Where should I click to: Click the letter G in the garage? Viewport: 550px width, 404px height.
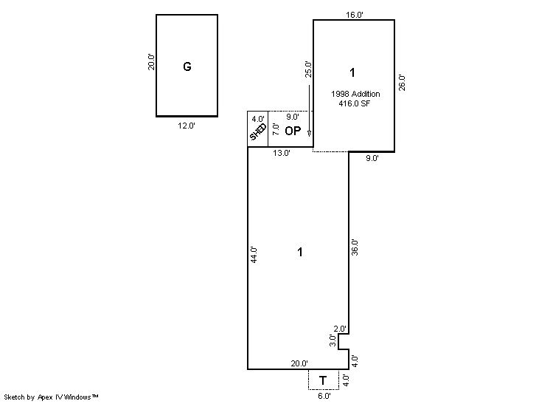(x=187, y=66)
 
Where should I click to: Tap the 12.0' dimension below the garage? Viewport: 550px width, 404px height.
(x=187, y=126)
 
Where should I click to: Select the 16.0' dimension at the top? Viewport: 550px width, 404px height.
(x=355, y=15)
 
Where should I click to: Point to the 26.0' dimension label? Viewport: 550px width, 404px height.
(x=402, y=83)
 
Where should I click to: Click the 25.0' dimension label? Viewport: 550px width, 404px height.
(x=308, y=69)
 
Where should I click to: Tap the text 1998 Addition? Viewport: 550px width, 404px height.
(x=355, y=94)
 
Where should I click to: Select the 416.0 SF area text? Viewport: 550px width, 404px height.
(x=355, y=103)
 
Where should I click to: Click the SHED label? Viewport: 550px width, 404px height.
(x=258, y=131)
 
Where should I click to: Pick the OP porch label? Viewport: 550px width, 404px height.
(x=293, y=131)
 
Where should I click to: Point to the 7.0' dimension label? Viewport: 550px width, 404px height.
(x=276, y=129)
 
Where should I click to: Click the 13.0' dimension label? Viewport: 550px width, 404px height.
(x=282, y=153)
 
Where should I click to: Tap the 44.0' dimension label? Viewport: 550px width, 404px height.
(x=254, y=255)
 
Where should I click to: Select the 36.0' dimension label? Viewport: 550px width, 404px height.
(x=355, y=247)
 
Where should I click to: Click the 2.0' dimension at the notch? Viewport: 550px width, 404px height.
(x=340, y=329)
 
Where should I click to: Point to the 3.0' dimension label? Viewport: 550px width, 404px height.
(x=333, y=340)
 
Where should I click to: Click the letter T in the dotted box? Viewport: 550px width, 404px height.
(x=323, y=380)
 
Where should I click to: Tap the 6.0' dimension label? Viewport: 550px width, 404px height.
(x=324, y=396)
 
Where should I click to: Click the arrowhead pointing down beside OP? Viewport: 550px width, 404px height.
(x=309, y=134)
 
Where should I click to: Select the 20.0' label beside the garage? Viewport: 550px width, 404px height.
(x=151, y=62)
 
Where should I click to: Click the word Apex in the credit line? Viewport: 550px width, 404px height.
(x=44, y=397)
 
